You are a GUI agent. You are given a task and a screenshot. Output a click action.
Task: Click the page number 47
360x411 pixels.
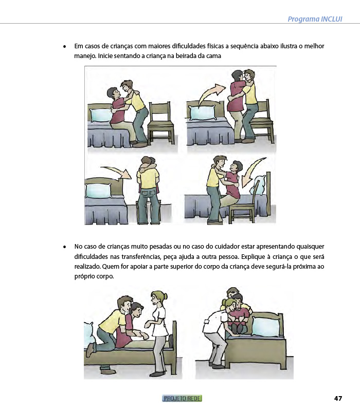[x=338, y=399]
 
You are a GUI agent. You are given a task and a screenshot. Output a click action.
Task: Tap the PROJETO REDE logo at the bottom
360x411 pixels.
[x=182, y=399]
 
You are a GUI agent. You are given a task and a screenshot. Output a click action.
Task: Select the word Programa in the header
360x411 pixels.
[x=303, y=20]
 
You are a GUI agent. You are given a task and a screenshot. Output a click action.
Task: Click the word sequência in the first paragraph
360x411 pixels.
[x=245, y=46]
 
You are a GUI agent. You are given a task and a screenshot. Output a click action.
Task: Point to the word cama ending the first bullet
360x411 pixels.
[x=214, y=56]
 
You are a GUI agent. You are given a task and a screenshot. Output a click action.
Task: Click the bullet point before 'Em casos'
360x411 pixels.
[x=65, y=47]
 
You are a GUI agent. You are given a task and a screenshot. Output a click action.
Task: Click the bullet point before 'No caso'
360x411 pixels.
[x=65, y=247]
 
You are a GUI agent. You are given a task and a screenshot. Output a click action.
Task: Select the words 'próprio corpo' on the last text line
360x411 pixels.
[x=94, y=277]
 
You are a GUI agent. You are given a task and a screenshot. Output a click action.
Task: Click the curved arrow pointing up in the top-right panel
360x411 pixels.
[x=210, y=94]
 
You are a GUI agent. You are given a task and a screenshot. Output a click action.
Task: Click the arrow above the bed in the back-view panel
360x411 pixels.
[x=116, y=172]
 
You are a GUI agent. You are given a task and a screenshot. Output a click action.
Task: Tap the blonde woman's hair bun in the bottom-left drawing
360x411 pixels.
[x=165, y=296]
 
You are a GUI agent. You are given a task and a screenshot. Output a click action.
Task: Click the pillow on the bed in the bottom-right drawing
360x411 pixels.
[x=266, y=326]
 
